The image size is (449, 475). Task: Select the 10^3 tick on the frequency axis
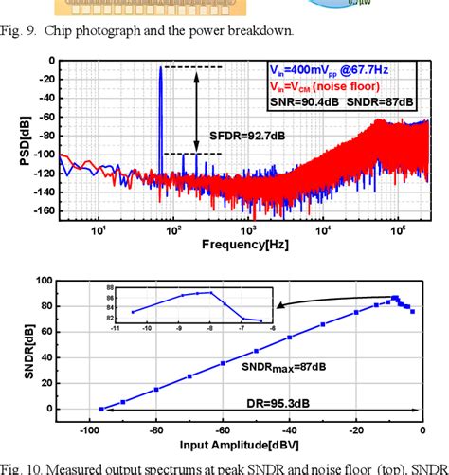click(247, 228)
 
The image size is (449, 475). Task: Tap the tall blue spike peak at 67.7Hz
click(160, 68)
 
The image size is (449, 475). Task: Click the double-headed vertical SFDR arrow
click(195, 110)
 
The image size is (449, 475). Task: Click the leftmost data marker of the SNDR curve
click(101, 409)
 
